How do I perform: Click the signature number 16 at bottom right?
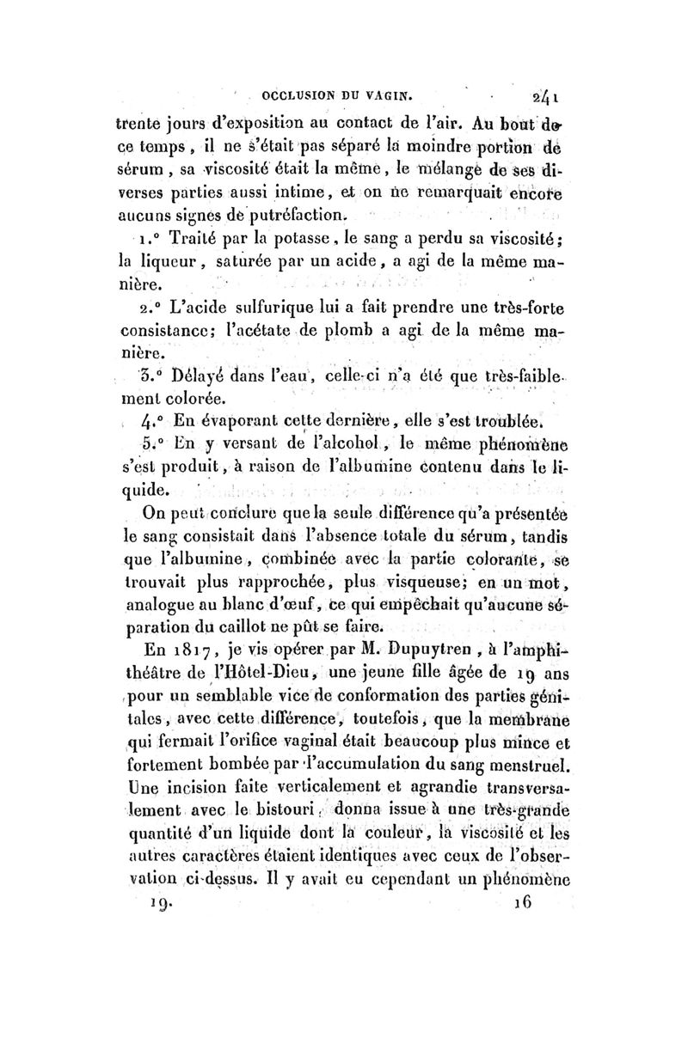[x=522, y=902]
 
